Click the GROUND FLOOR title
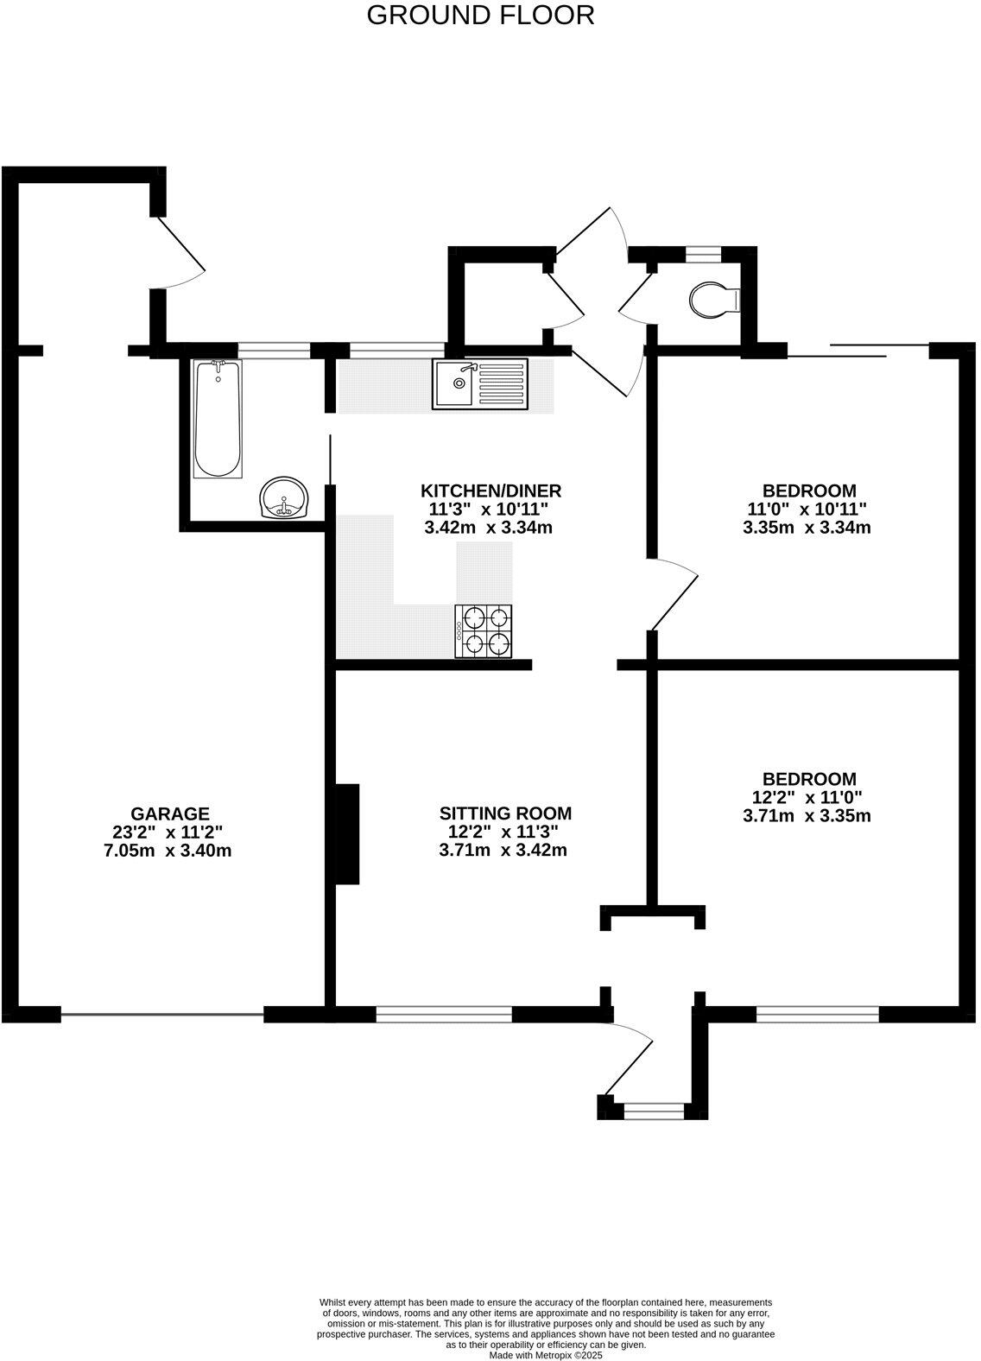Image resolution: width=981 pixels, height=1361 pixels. (480, 16)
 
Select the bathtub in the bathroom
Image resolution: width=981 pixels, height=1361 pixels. (218, 419)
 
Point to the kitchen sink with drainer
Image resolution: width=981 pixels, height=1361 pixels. (481, 383)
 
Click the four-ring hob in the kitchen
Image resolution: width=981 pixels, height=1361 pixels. (484, 630)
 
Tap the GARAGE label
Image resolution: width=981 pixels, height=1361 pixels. (170, 813)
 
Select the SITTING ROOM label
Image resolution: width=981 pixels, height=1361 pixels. (505, 813)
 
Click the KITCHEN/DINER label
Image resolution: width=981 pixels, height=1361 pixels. (490, 491)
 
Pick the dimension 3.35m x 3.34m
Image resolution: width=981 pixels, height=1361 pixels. (807, 527)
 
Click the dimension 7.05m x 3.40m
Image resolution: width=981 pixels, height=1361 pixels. (167, 851)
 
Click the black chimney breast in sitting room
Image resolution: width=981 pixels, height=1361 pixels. (347, 833)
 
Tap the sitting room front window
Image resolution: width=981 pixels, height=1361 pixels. (444, 1014)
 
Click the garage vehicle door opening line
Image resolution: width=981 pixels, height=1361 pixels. (162, 1015)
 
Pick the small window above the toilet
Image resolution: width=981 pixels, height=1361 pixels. (703, 253)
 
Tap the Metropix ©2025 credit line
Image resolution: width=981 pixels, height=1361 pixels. (545, 1355)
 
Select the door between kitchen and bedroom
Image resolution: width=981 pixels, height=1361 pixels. (674, 594)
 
